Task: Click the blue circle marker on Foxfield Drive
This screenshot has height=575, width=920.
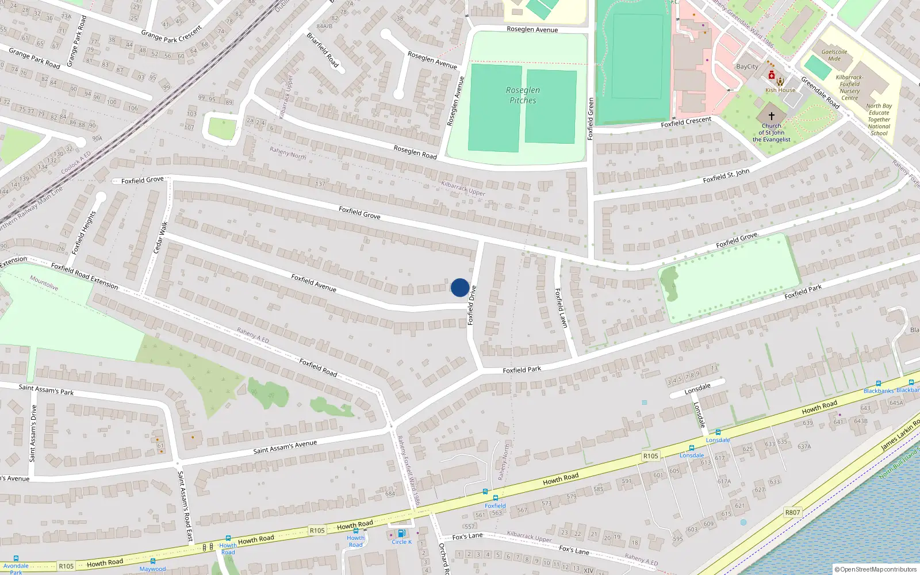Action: (x=459, y=287)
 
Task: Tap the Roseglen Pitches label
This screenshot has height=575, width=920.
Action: (x=523, y=95)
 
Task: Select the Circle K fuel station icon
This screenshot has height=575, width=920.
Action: (x=401, y=534)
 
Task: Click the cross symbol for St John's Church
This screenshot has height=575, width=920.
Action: (x=772, y=116)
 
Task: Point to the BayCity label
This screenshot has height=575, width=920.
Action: (x=747, y=67)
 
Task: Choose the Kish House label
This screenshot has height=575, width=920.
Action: (x=780, y=90)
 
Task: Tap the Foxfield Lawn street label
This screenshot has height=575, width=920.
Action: (x=561, y=308)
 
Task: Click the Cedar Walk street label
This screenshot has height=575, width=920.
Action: (x=160, y=237)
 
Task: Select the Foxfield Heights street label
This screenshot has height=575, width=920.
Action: (x=83, y=233)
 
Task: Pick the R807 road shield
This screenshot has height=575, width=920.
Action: (x=792, y=512)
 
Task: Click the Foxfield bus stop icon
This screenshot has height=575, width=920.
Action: (x=495, y=498)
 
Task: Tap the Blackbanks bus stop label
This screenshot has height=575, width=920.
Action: (x=879, y=391)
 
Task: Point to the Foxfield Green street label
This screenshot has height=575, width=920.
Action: (x=590, y=118)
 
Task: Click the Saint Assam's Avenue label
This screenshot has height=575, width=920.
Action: (x=285, y=447)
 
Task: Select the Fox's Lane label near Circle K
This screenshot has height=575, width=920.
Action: (x=467, y=536)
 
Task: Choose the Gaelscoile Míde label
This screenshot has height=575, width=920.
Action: (x=834, y=55)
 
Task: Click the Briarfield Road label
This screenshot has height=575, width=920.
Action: (x=322, y=49)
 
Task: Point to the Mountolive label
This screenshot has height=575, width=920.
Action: (x=44, y=283)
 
